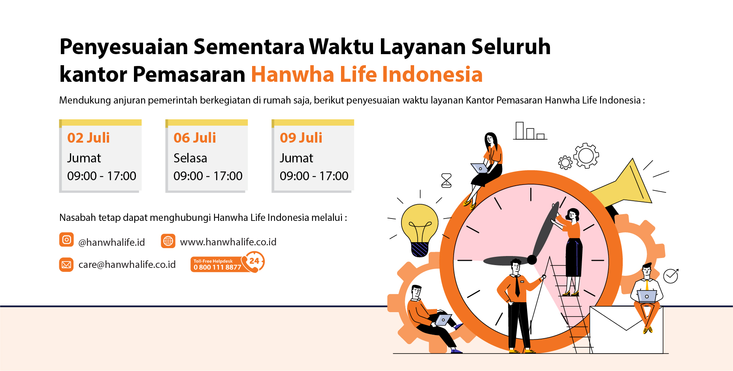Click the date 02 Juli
[89, 138]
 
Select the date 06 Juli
[195, 138]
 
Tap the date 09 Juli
[301, 138]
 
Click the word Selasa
[190, 158]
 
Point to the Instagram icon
[66, 240]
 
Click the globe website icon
[168, 241]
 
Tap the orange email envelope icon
[66, 264]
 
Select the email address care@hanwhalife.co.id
[127, 264]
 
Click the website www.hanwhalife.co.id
[228, 242]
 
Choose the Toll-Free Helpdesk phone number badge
[227, 264]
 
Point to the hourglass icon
[446, 181]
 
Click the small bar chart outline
[530, 131]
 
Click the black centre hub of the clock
[532, 260]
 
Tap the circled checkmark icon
[671, 276]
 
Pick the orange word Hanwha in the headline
[293, 74]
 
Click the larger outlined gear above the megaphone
[586, 156]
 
